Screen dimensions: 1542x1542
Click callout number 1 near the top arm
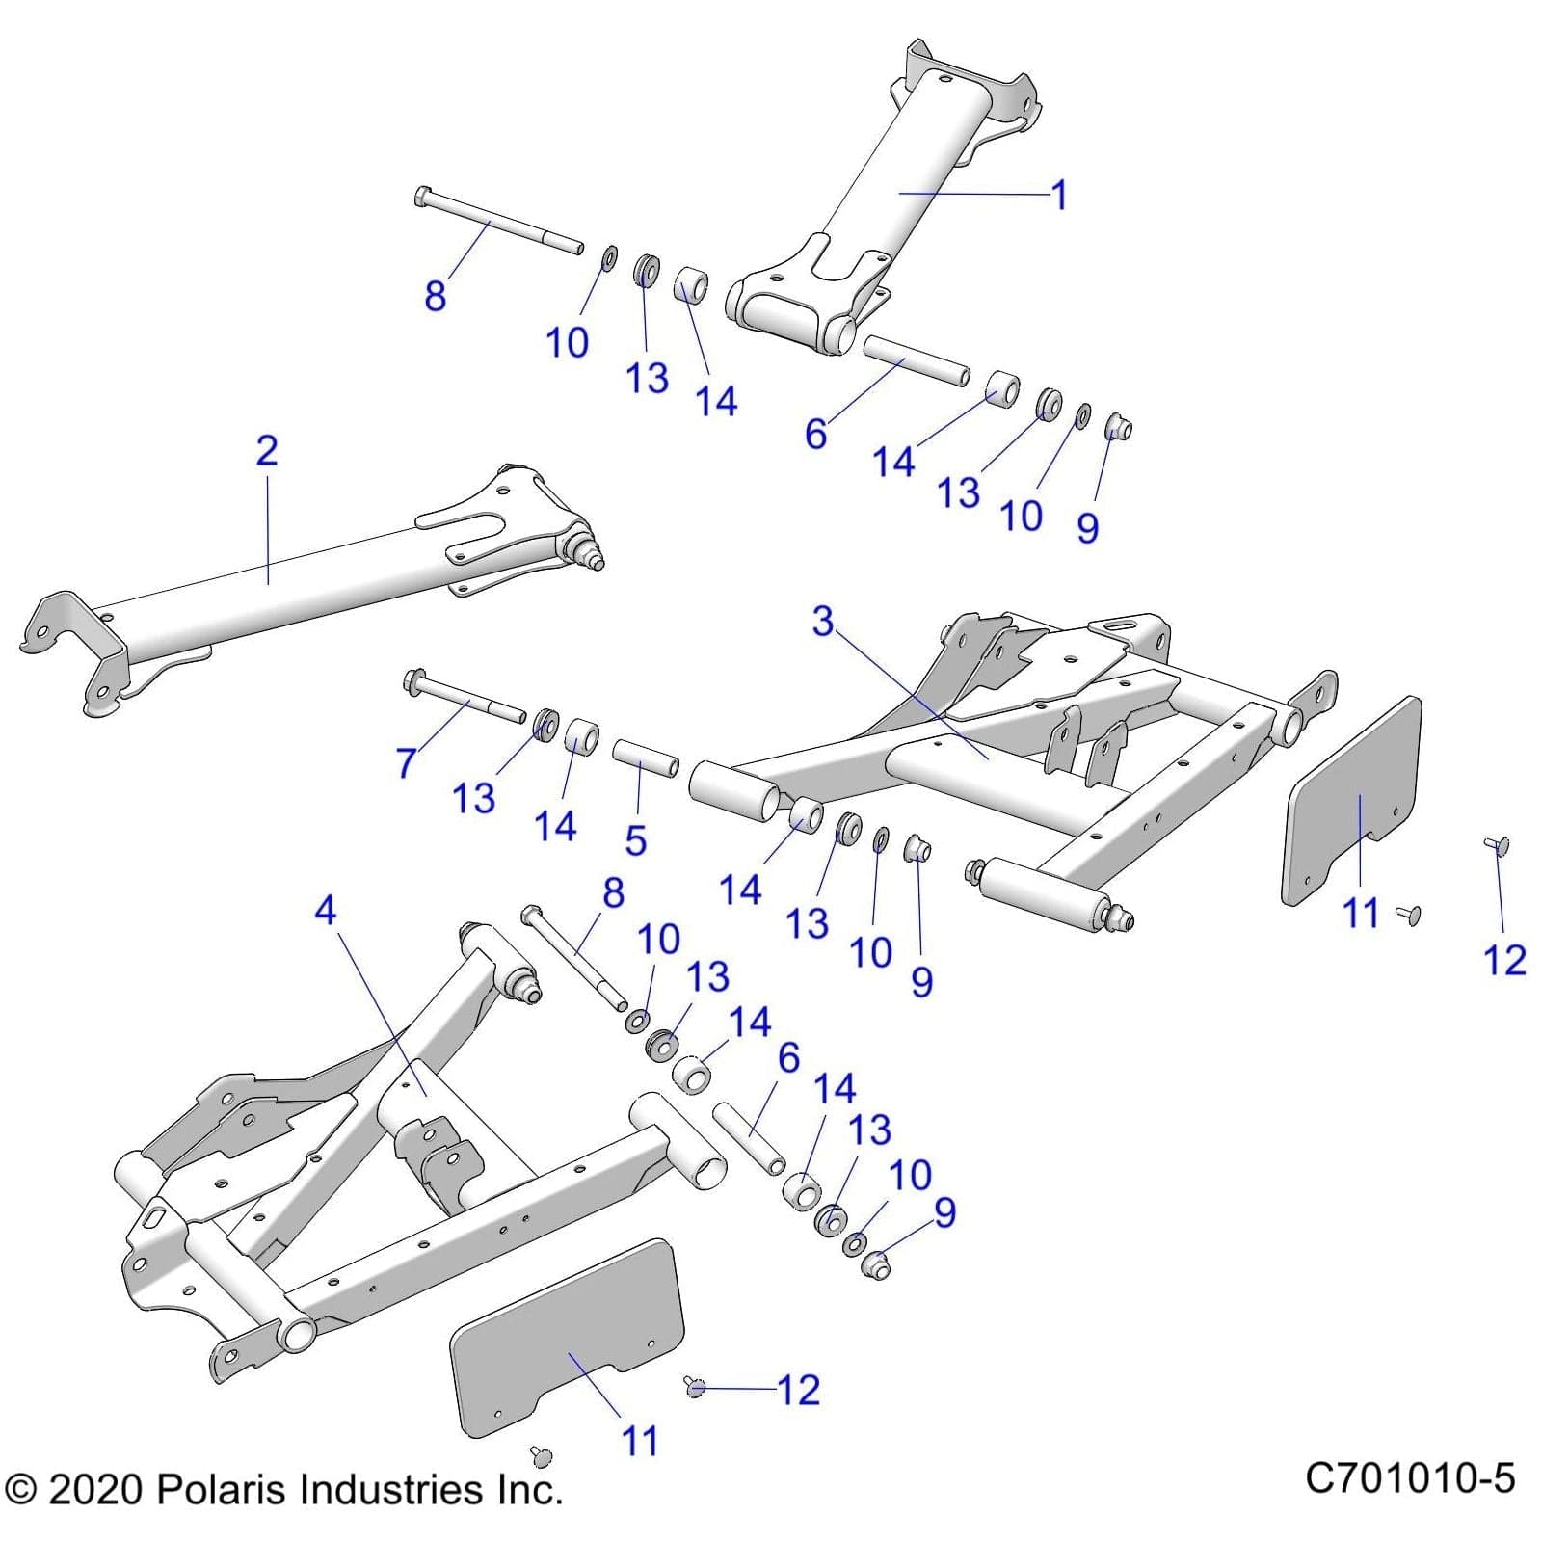pyautogui.click(x=1058, y=196)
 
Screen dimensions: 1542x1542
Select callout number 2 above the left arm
pyautogui.click(x=267, y=451)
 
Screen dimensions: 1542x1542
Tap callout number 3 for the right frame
pyautogui.click(x=822, y=622)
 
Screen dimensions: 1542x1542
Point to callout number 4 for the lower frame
pyautogui.click(x=326, y=910)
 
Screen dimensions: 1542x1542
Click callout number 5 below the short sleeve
pyautogui.click(x=635, y=839)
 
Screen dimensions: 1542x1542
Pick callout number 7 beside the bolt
pyautogui.click(x=406, y=763)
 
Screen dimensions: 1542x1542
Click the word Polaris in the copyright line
pyautogui.click(x=223, y=1490)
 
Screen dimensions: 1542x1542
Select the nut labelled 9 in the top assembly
pyautogui.click(x=1116, y=427)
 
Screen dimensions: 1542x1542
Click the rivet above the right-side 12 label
pyautogui.click(x=1497, y=845)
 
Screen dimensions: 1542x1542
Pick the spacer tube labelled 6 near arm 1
pyautogui.click(x=916, y=359)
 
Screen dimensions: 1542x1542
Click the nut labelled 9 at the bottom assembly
pyautogui.click(x=875, y=1265)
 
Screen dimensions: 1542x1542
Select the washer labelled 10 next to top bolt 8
pyautogui.click(x=609, y=258)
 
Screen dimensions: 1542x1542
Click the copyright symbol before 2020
pyautogui.click(x=20, y=1491)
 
